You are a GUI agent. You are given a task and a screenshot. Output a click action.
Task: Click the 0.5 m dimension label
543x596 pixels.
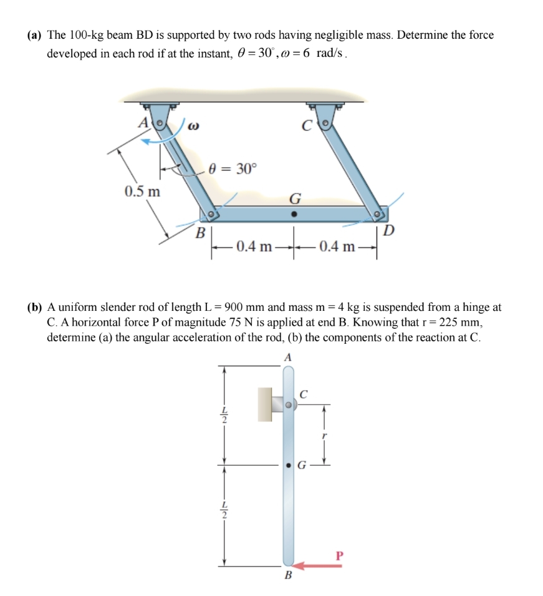(141, 191)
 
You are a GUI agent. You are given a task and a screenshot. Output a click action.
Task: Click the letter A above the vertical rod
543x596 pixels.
(287, 358)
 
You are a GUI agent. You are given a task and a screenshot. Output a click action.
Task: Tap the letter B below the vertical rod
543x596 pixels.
(288, 575)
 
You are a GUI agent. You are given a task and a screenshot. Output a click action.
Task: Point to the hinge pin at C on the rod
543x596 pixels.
(289, 404)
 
